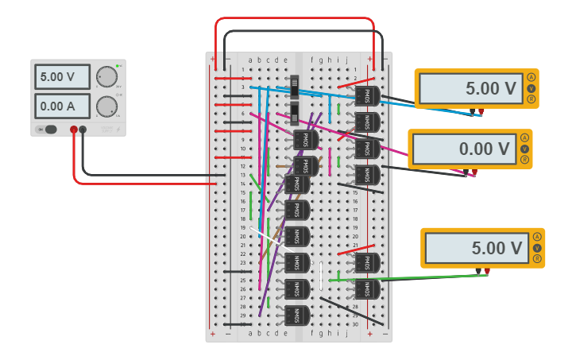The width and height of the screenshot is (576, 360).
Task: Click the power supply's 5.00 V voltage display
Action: point(62,77)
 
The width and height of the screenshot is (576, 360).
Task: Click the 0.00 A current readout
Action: point(62,106)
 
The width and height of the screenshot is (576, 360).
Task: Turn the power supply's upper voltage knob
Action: point(106,77)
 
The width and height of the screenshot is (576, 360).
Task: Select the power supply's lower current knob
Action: point(106,106)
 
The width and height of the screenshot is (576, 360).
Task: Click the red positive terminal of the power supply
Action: point(74,130)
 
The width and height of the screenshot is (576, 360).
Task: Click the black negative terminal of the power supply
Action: point(83,130)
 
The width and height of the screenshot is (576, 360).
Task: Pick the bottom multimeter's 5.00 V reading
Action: point(475,248)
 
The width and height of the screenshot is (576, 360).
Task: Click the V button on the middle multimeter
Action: point(524,149)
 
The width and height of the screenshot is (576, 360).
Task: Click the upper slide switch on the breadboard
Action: point(295,86)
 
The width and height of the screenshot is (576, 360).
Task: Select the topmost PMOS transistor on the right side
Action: point(367,96)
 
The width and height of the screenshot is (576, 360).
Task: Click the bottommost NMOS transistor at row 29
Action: point(296,315)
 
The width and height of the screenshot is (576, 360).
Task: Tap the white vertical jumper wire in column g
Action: point(322,276)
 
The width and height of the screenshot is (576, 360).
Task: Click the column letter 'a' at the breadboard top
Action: point(250,60)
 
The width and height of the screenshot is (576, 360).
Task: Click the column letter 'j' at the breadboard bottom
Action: point(346,334)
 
